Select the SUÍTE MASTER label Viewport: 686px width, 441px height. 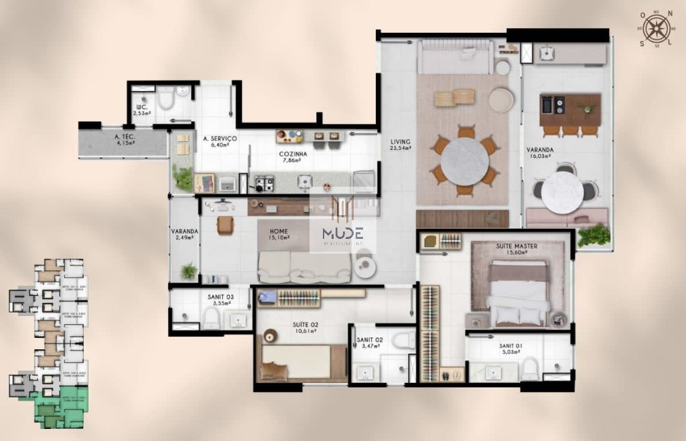point(517,246)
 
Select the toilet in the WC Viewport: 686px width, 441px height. point(165,100)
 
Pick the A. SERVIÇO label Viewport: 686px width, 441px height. point(220,139)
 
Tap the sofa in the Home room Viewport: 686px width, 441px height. point(305,267)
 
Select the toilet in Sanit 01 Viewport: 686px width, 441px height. point(530,367)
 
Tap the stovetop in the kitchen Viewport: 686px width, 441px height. point(264,181)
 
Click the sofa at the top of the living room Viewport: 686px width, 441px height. point(455,58)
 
